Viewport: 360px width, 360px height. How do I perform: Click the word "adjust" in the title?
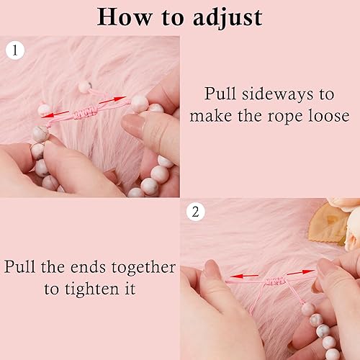coord(228,18)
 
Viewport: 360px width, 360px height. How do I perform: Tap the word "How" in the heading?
coord(125,17)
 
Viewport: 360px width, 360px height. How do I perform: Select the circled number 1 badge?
coord(15,50)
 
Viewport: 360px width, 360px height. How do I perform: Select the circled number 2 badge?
coord(196,212)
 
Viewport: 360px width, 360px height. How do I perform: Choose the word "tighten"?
coord(92,288)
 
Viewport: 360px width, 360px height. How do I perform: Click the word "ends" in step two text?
coord(88,267)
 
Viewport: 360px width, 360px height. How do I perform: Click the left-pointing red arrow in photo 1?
coord(55,114)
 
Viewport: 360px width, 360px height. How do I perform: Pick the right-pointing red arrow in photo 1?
coord(112,100)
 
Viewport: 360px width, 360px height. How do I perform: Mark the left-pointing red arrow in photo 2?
coord(245,276)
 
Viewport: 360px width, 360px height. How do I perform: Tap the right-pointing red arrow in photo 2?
coord(301,272)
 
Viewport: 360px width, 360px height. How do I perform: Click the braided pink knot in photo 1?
coord(86,112)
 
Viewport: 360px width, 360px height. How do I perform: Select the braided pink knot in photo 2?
coord(276,280)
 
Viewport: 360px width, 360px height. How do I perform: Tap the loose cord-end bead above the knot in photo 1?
coord(85,86)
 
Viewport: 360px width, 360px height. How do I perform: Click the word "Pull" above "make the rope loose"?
coord(220,94)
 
